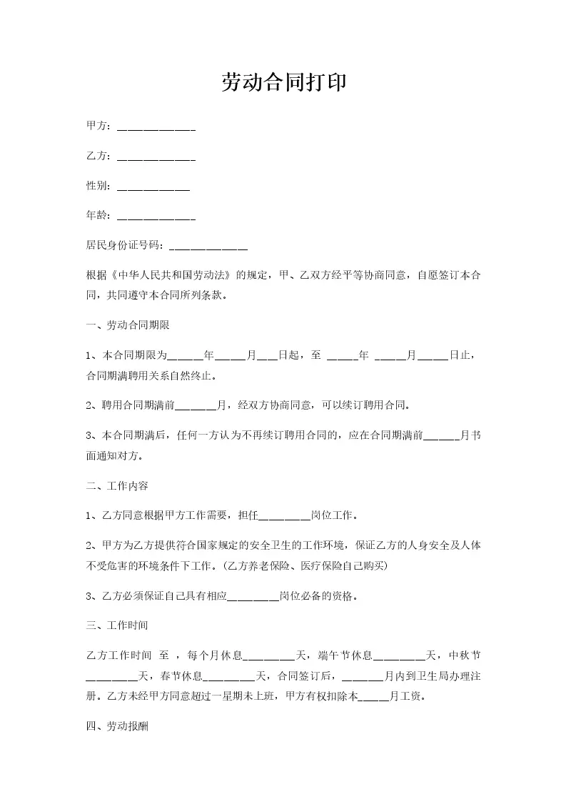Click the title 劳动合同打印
point(283,83)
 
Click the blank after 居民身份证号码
point(208,248)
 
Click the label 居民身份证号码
point(125,245)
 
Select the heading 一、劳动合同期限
point(127,325)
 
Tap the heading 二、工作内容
point(116,486)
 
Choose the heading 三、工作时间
point(116,625)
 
